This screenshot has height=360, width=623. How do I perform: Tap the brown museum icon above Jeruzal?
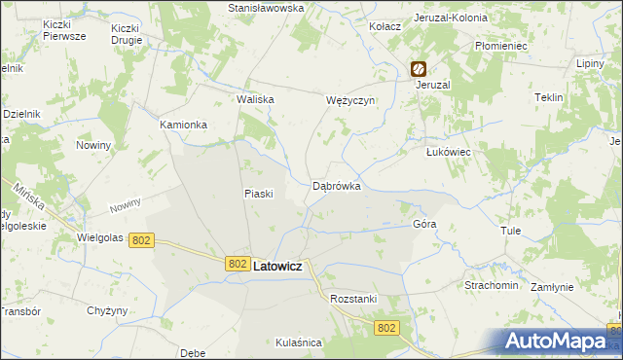pos(418,69)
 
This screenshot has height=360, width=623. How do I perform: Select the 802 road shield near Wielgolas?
pos(143,239)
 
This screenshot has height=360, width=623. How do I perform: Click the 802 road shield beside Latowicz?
pos(238,264)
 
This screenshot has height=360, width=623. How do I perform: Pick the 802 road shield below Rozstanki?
pos(386,329)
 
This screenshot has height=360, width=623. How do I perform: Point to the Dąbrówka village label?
pos(337,185)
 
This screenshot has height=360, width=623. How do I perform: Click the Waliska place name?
pos(256,99)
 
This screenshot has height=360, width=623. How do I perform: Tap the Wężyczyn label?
pos(349,99)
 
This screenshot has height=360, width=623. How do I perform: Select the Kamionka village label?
pos(184,125)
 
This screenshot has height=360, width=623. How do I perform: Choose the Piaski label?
pos(258,193)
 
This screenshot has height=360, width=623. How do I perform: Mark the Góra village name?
pos(424,223)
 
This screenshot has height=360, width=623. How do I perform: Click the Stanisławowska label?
pos(266,7)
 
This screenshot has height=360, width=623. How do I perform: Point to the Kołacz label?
pos(385,26)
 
